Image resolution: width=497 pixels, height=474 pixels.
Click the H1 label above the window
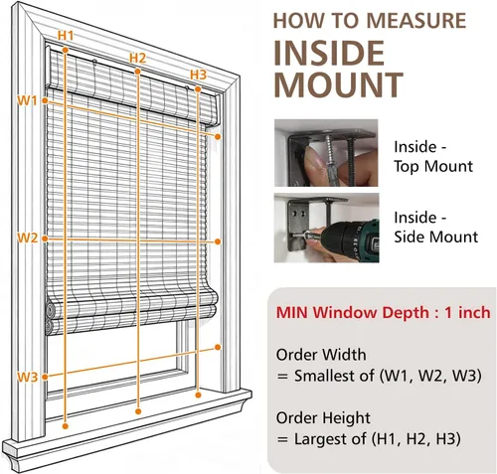(66, 35)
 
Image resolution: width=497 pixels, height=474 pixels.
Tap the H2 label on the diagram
(137, 58)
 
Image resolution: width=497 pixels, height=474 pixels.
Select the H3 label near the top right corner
(198, 75)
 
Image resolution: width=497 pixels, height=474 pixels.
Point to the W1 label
(27, 100)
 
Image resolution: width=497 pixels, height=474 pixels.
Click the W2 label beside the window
(28, 237)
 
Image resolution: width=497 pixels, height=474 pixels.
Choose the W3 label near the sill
(28, 377)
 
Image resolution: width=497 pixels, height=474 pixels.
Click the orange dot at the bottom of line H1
(66, 426)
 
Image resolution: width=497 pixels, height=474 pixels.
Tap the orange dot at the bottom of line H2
(138, 411)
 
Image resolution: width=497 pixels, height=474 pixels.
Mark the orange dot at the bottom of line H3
(198, 395)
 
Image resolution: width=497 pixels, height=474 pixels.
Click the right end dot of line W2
(218, 241)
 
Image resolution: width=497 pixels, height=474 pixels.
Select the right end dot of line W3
(218, 347)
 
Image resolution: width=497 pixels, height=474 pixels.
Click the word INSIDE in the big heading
(329, 53)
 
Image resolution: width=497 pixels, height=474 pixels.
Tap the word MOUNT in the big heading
(338, 84)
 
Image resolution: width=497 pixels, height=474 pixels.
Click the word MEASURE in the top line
(416, 21)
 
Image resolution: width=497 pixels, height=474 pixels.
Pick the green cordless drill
(351, 237)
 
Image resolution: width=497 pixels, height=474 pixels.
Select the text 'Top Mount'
(433, 166)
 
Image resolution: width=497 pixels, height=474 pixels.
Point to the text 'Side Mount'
(436, 237)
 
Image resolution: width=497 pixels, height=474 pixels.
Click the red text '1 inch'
(467, 312)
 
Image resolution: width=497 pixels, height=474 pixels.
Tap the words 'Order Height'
(323, 418)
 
